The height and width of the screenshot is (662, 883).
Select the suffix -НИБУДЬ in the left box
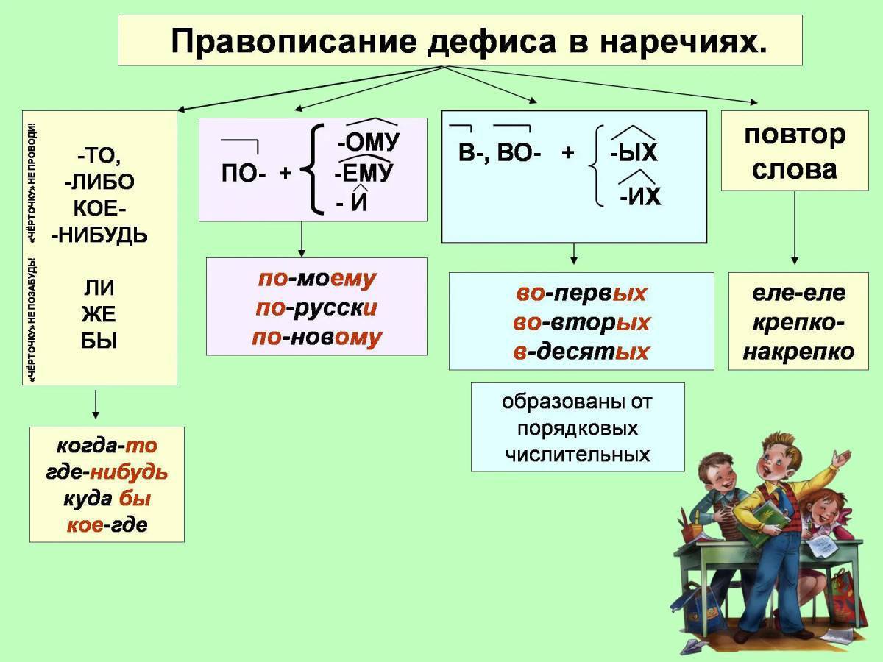pyautogui.click(x=99, y=235)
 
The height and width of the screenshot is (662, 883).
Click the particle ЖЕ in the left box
pyautogui.click(x=99, y=314)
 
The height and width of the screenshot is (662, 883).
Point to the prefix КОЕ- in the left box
pyautogui.click(x=99, y=208)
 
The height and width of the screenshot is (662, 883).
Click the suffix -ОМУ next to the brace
pyautogui.click(x=368, y=141)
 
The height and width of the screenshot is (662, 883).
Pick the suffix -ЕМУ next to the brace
pyautogui.click(x=364, y=174)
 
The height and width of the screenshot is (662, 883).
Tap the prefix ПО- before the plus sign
pyautogui.click(x=244, y=174)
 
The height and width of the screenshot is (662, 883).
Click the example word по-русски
pyautogui.click(x=316, y=308)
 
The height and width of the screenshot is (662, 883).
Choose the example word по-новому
pyautogui.click(x=316, y=338)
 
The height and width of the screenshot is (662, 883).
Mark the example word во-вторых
pyautogui.click(x=581, y=322)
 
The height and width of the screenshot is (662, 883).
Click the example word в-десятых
pyautogui.click(x=581, y=352)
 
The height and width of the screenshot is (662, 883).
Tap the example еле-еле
pyautogui.click(x=798, y=293)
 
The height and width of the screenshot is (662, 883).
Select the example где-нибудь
pyautogui.click(x=107, y=472)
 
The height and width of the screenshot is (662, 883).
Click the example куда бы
pyautogui.click(x=107, y=499)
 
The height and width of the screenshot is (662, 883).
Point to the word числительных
pyautogui.click(x=578, y=455)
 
